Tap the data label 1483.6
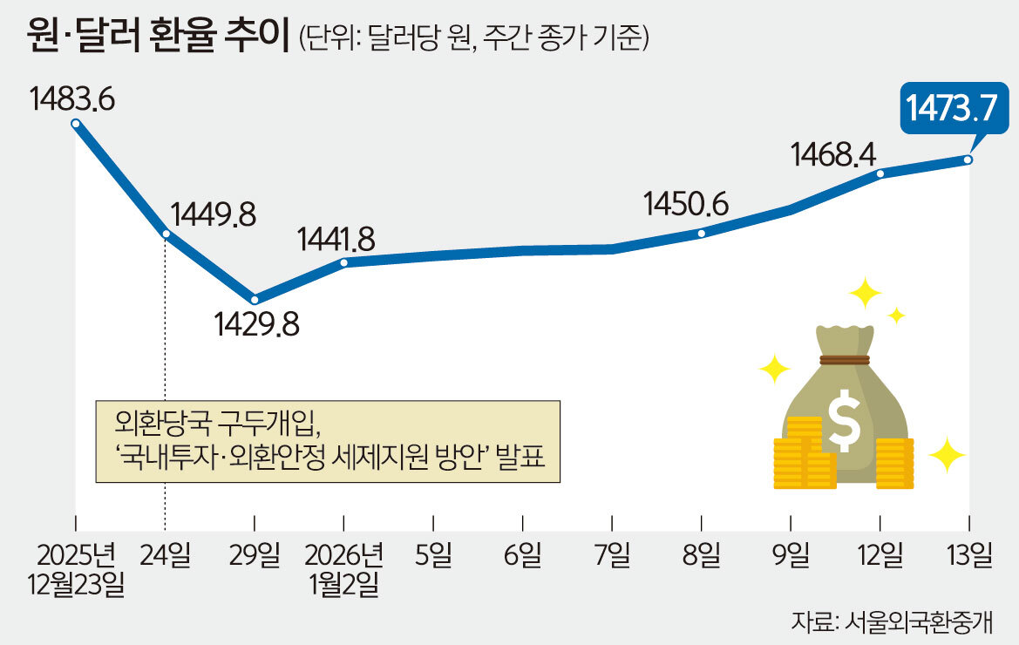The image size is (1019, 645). pyautogui.click(x=72, y=98)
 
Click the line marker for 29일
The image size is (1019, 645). pyautogui.click(x=254, y=300)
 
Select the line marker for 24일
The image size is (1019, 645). pyautogui.click(x=166, y=234)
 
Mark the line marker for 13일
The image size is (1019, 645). pyautogui.click(x=968, y=160)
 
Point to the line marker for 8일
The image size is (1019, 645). pyautogui.click(x=701, y=233)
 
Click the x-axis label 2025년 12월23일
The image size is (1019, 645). pyautogui.click(x=77, y=568)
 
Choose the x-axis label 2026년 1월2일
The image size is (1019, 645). pyautogui.click(x=344, y=568)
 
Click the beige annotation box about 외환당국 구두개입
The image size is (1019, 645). pyautogui.click(x=328, y=441)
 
